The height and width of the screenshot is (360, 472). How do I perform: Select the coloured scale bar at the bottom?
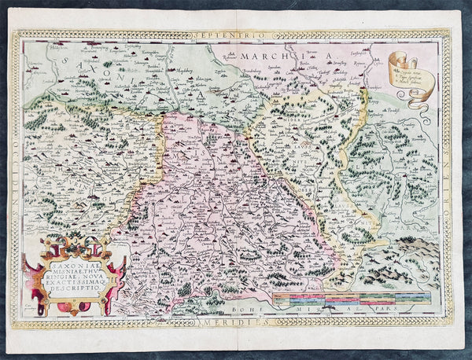(x=350, y=299)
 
